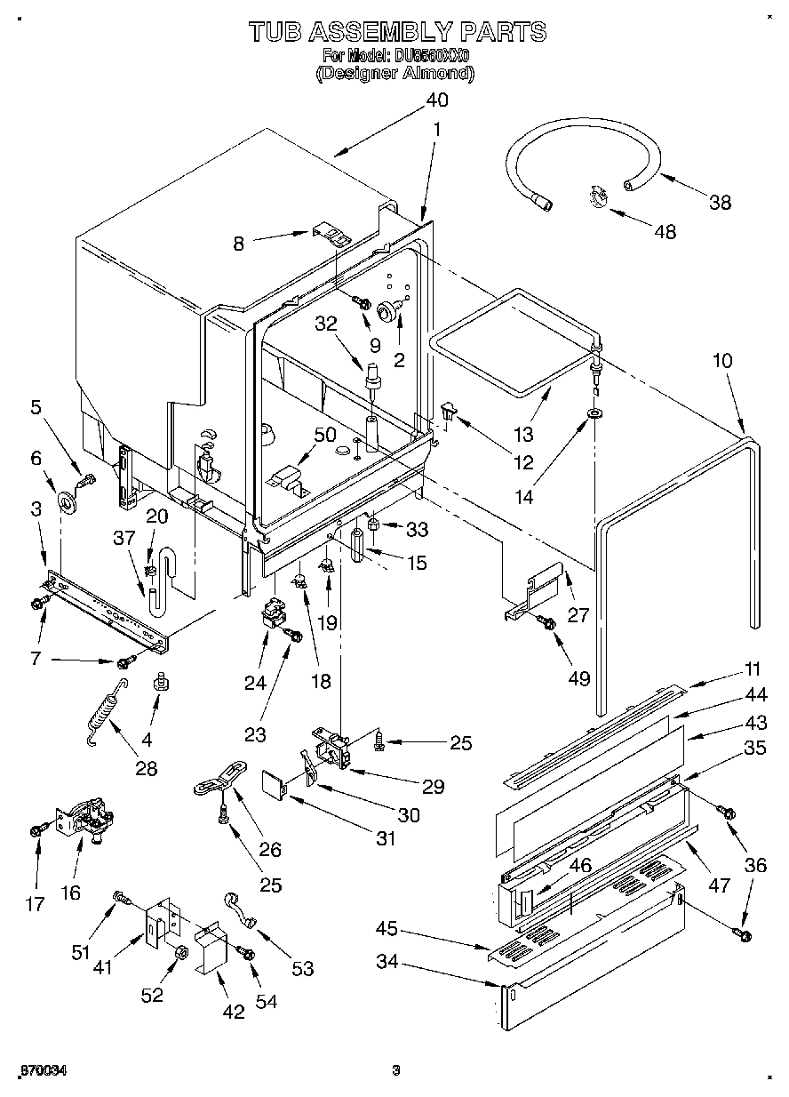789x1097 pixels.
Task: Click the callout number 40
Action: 435,100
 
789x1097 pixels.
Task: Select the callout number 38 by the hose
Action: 721,202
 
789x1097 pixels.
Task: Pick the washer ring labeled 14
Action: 593,413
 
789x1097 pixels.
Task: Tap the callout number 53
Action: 303,968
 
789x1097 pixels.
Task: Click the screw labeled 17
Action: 37,829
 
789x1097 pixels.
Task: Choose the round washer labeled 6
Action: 66,502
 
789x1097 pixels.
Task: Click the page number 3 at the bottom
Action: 397,1069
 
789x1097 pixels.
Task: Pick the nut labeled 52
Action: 178,955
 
